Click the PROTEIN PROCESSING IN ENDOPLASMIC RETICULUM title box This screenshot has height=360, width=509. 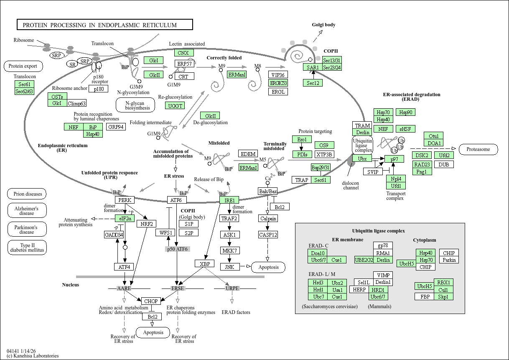point(104,25)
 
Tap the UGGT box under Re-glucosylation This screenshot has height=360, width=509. point(176,106)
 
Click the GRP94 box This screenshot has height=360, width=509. point(116,127)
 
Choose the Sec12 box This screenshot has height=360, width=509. point(313,83)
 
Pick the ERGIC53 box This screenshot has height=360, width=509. point(278,83)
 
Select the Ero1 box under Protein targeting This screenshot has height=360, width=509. point(302,139)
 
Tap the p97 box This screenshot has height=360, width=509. point(394,159)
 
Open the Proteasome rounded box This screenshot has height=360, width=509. point(478,149)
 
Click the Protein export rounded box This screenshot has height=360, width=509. point(23,66)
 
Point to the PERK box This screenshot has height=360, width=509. point(125,200)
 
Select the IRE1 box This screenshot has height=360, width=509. point(229,200)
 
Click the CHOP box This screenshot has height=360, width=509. point(150,301)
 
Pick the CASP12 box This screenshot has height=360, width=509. point(268,235)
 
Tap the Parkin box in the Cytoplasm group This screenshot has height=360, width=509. point(449,260)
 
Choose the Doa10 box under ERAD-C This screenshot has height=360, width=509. point(318,253)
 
